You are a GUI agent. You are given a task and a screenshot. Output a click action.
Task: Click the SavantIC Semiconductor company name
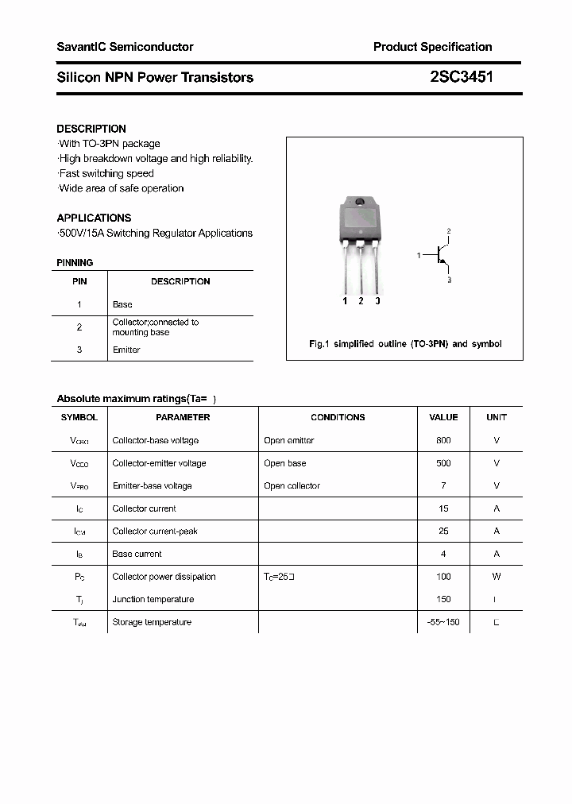coord(125,47)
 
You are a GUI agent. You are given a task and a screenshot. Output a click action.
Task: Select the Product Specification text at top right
coord(432,47)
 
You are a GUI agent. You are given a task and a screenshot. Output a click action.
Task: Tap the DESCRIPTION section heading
coord(91,129)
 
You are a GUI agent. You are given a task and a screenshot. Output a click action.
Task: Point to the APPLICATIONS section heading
coord(94,218)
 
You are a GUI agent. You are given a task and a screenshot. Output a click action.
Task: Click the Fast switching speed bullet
coord(106,173)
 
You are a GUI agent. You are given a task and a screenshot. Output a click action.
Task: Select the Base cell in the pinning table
coord(122,304)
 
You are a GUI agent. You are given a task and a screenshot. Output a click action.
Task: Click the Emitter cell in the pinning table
coord(126,350)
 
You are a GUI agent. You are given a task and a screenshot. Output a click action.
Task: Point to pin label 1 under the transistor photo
coord(345,301)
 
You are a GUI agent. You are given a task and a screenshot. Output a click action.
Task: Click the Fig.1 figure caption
coord(404,344)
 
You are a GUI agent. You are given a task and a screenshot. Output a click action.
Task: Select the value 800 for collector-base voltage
coord(443,440)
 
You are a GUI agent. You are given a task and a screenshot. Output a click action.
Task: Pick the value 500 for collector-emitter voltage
coord(443,463)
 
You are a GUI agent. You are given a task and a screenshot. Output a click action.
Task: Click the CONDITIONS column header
coord(338,417)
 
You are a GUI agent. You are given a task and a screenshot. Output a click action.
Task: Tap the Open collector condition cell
coord(292,485)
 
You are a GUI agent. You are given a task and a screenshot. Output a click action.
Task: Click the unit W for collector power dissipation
coord(496,577)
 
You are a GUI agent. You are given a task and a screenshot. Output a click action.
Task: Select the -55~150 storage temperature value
coord(443,622)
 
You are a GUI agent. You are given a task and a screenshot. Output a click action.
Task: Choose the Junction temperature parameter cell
coord(153,599)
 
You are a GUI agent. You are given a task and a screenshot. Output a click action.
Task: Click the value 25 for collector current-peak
coord(443,531)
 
